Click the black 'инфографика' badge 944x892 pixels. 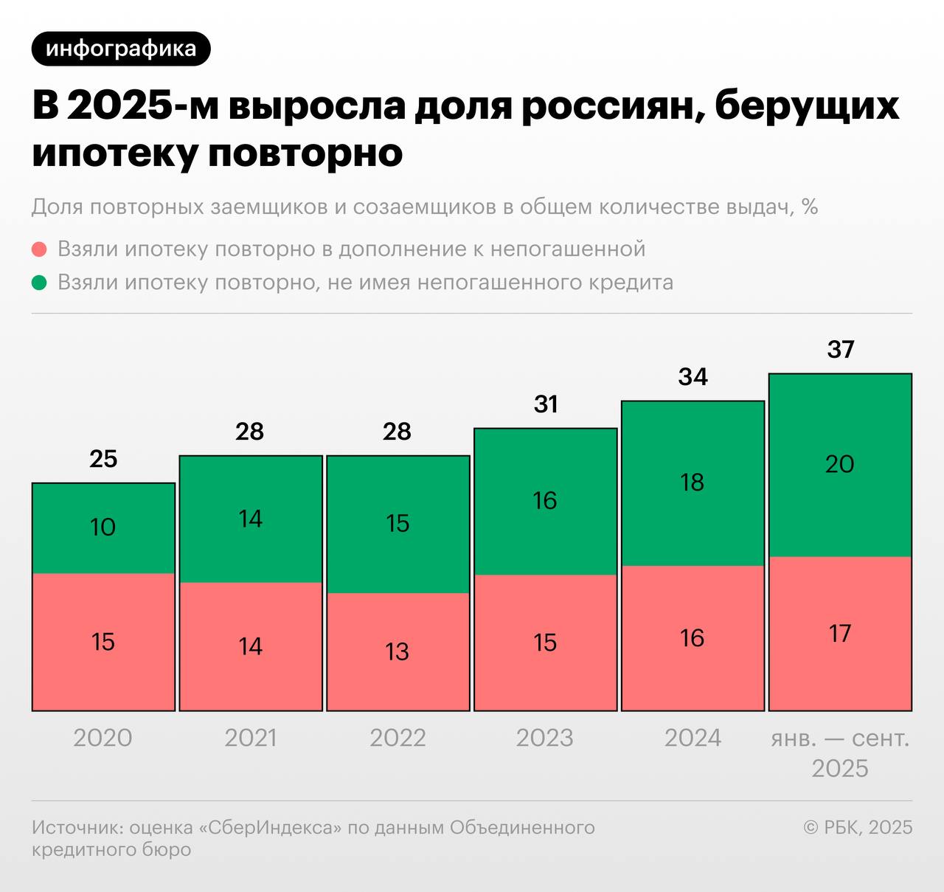coord(121,49)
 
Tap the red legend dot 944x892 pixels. coord(40,249)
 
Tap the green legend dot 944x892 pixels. coord(40,283)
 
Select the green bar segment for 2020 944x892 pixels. coord(103,528)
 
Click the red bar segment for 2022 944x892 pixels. coord(398,652)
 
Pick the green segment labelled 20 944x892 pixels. coord(840,466)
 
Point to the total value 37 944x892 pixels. coord(840,349)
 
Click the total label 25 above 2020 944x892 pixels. coord(103,459)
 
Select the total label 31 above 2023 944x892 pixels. coord(546,404)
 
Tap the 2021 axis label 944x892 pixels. coord(251,738)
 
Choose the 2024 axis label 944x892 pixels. coord(693,738)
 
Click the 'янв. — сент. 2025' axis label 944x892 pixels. coord(840,753)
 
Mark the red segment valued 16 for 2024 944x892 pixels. coord(693,639)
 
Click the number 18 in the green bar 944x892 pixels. coord(693,483)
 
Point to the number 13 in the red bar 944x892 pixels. coord(398,652)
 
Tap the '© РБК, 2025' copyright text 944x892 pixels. coord(858,828)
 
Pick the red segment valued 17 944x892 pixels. coord(840,635)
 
